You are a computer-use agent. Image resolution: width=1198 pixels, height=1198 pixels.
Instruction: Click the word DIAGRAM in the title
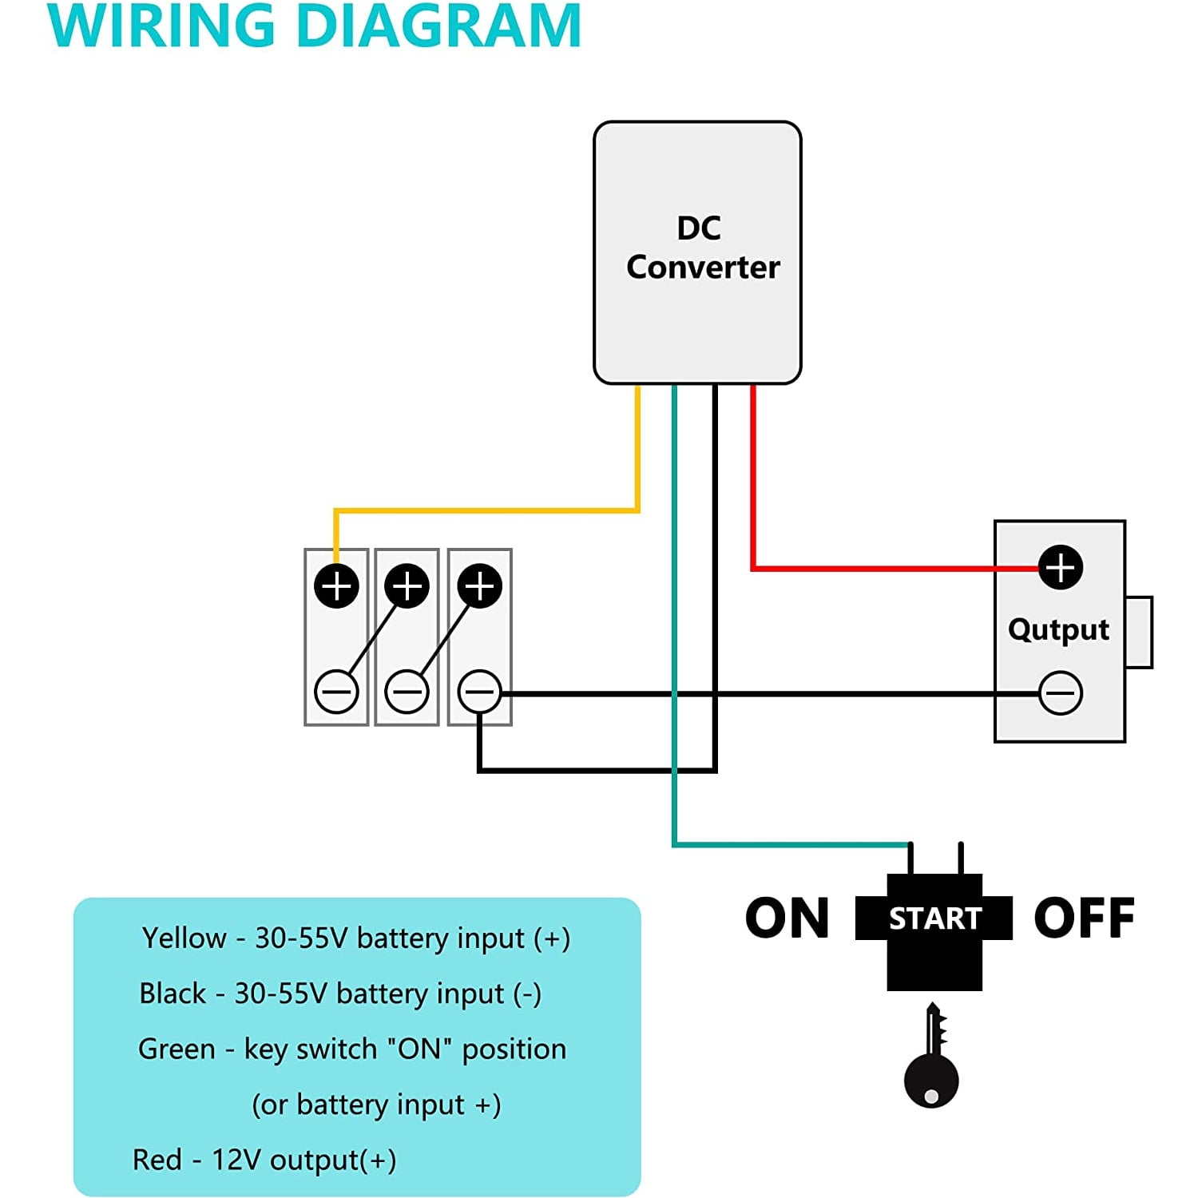[438, 26]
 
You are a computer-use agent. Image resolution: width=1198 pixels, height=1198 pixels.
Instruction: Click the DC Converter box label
[702, 248]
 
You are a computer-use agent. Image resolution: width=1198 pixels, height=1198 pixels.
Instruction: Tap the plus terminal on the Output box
[1060, 568]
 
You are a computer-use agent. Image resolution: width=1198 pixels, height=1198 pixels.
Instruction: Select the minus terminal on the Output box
[1060, 692]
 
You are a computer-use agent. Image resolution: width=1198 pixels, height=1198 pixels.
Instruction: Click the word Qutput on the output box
[1058, 629]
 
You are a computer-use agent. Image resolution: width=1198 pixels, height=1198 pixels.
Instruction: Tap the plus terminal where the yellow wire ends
[336, 586]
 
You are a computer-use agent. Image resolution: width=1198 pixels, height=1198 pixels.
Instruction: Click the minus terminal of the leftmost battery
[336, 692]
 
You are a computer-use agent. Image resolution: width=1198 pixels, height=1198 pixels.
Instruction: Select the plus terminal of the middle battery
[407, 586]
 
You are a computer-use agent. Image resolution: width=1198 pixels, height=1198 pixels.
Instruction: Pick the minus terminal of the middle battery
[407, 692]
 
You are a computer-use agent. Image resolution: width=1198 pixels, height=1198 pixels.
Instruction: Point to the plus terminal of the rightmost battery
[479, 586]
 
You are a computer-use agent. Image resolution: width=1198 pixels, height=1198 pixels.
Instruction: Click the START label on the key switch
[934, 918]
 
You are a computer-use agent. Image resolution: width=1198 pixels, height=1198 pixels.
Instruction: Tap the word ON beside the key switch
[787, 918]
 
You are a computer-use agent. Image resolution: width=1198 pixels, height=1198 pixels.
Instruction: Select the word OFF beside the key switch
[1084, 918]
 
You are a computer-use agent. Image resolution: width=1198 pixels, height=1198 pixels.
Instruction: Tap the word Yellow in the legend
[184, 938]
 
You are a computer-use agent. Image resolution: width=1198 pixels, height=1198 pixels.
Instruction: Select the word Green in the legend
[177, 1049]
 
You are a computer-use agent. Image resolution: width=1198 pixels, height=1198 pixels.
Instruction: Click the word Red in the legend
[157, 1160]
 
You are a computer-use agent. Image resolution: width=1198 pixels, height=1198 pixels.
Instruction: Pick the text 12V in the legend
[236, 1160]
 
